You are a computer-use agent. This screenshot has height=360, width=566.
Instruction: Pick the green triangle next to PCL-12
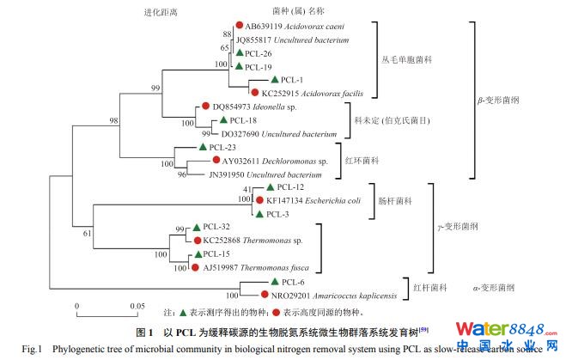pos(270,187)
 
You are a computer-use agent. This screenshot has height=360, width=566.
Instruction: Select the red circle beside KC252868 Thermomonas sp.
pos(198,241)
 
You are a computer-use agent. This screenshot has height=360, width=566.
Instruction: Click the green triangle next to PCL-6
pos(273,281)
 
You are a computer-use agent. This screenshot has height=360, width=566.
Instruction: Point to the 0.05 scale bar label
pos(137,306)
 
